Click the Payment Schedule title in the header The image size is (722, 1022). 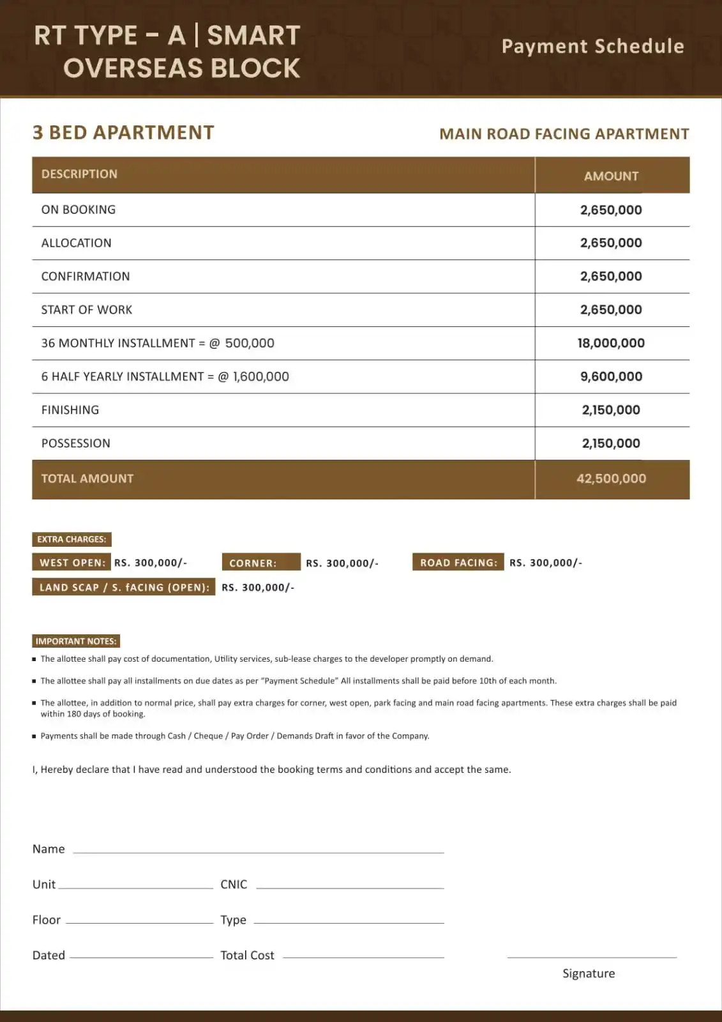592,47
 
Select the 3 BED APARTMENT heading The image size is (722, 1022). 123,132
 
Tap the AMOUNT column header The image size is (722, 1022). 611,176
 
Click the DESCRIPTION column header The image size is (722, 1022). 79,174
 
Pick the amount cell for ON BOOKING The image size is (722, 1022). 611,210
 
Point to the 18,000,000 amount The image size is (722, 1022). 611,343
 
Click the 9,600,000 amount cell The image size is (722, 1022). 611,376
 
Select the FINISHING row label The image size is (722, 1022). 70,410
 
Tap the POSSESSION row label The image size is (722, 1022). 75,443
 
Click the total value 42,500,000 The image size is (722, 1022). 611,478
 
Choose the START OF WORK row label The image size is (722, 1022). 87,310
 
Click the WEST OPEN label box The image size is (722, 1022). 71,562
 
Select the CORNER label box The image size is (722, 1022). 260,563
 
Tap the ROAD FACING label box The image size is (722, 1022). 458,562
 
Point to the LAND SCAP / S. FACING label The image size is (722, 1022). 124,587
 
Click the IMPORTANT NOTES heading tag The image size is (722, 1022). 76,641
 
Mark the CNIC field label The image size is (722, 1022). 234,884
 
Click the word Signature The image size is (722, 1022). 589,973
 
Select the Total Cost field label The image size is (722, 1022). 247,955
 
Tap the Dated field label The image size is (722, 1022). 49,955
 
